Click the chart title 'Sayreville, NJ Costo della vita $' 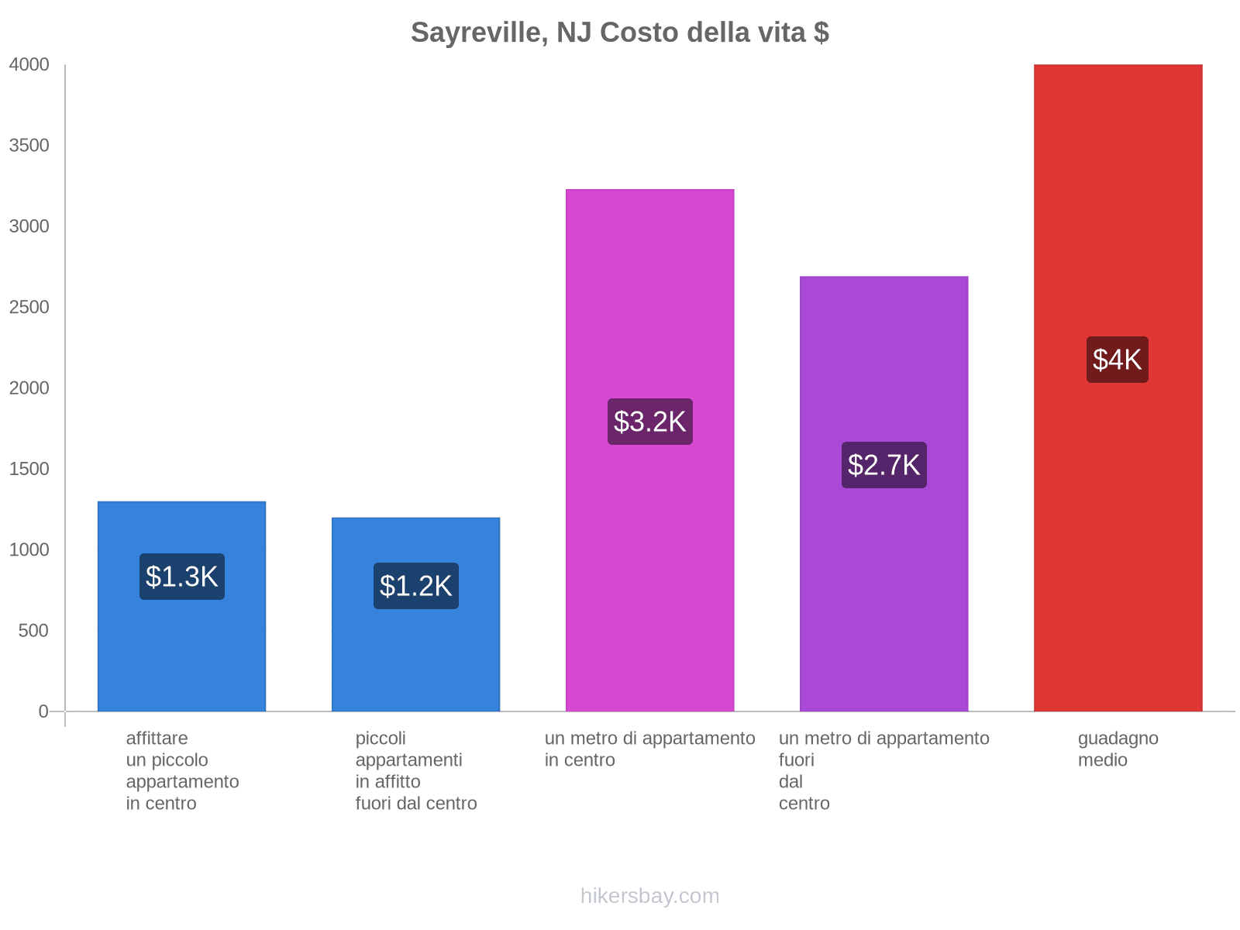pos(619,33)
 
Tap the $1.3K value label pos(182,577)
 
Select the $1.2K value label pos(416,586)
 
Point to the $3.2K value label pos(650,422)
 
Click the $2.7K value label pos(884,465)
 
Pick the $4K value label pos(1118,360)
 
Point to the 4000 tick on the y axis pos(29,65)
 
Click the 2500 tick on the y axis pos(29,308)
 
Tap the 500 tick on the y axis pos(34,631)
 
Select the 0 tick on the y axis pos(43,711)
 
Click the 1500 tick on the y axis pos(29,469)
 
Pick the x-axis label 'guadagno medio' pos(1118,749)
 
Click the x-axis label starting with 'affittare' pos(182,770)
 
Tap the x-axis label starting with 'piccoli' pos(416,770)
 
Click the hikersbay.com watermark pos(649,896)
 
